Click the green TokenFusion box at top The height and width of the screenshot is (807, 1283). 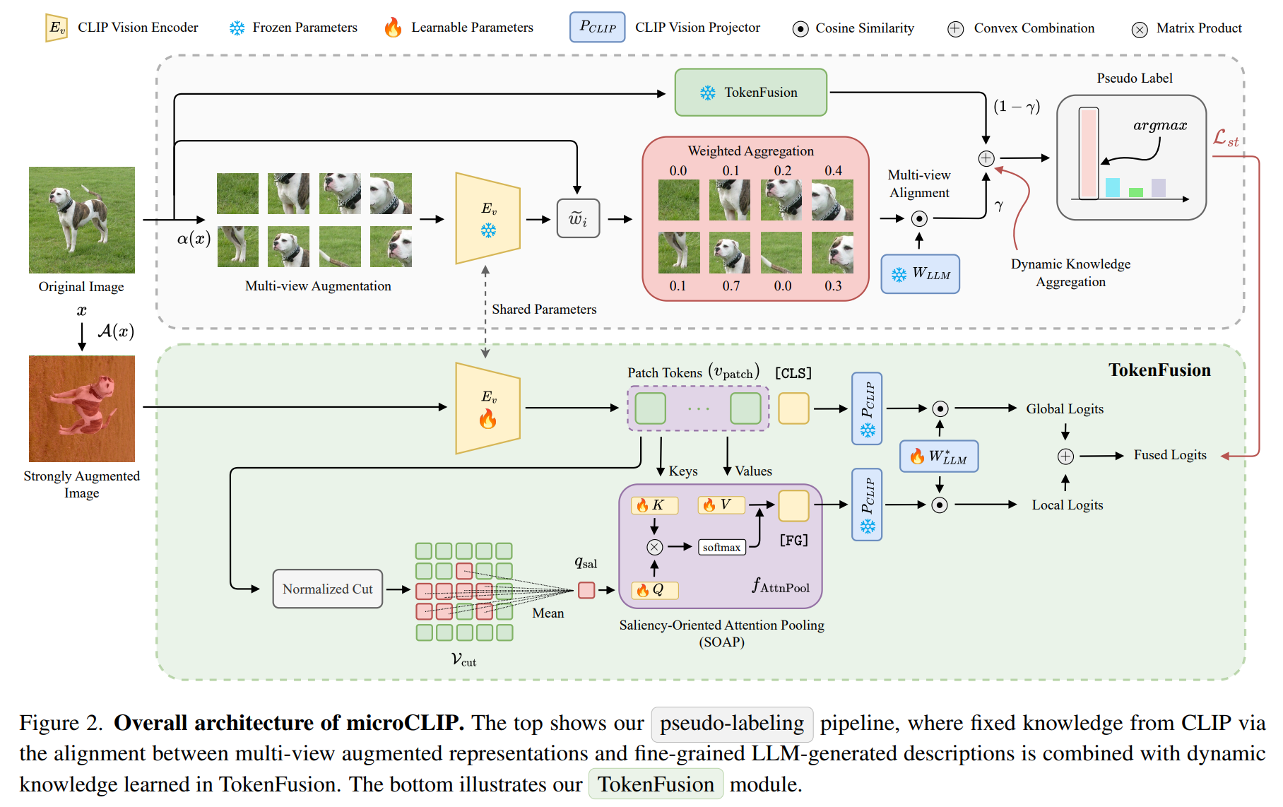[750, 93]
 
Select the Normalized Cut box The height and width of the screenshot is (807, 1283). [327, 589]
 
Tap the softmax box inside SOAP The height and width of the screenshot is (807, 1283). [721, 547]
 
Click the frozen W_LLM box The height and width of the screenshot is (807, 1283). [920, 273]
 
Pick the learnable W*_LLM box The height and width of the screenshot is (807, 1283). [938, 456]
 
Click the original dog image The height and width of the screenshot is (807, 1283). [81, 220]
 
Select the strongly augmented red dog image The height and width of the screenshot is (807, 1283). [81, 408]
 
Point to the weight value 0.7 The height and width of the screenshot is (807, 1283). [731, 285]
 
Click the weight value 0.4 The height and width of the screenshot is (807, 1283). [833, 170]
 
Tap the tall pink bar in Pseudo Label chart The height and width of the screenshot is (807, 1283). [1088, 153]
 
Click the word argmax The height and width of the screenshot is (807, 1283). [1159, 125]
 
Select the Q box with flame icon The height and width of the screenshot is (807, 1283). [654, 589]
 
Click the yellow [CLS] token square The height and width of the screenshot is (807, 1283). [793, 408]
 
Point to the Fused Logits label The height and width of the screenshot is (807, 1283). [1170, 455]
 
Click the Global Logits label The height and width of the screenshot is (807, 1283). [1064, 408]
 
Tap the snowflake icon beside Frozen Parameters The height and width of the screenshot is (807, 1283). [237, 28]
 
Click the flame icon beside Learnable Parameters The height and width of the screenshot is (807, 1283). [393, 28]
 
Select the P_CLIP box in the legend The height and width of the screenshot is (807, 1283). [597, 28]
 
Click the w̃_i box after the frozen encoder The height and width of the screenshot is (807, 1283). [578, 218]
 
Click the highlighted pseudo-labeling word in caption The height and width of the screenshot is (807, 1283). [731, 723]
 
